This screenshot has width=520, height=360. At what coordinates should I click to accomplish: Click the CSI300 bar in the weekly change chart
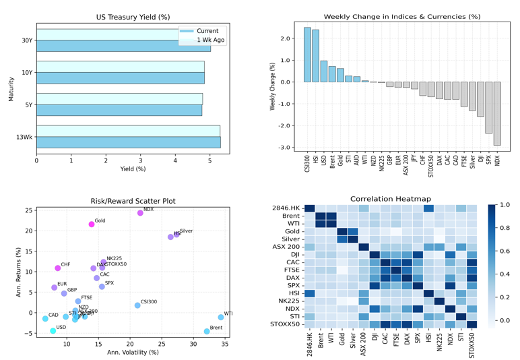307,55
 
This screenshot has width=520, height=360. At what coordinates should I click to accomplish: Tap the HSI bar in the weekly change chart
315,56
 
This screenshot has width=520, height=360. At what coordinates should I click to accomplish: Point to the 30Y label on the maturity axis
27,40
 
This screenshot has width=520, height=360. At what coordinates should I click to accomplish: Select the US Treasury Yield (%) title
133,17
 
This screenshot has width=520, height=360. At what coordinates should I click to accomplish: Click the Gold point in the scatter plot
92,224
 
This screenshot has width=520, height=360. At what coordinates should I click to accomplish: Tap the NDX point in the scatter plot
140,213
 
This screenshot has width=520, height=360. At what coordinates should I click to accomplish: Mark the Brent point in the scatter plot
207,331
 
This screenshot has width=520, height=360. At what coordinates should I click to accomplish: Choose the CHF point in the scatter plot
58,268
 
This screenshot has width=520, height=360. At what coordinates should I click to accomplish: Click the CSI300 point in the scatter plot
137,305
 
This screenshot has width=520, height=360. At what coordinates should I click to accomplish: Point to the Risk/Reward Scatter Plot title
133,201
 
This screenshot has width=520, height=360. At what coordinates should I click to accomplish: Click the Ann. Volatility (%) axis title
133,352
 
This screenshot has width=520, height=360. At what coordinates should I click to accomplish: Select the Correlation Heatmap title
391,199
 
